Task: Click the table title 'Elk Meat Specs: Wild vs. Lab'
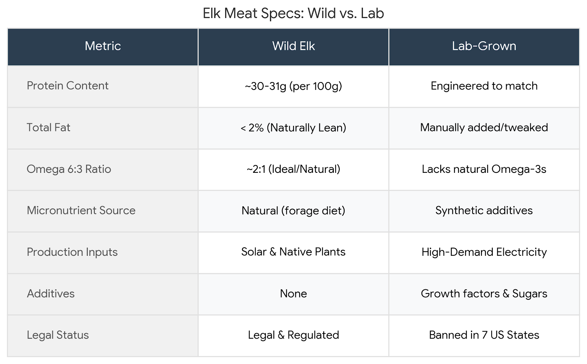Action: pyautogui.click(x=293, y=14)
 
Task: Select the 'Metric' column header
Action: pyautogui.click(x=103, y=46)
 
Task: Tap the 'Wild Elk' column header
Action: pyautogui.click(x=293, y=46)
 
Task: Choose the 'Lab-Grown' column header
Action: pyautogui.click(x=484, y=46)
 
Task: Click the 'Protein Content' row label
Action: pyautogui.click(x=68, y=86)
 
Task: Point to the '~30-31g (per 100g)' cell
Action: pyautogui.click(x=293, y=86)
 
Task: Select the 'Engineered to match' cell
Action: pyautogui.click(x=484, y=86)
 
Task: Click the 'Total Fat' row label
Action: pyautogui.click(x=48, y=127)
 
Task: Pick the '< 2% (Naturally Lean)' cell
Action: pyautogui.click(x=293, y=128)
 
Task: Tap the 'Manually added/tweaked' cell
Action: pyautogui.click(x=484, y=127)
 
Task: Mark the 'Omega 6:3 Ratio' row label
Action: pyautogui.click(x=69, y=169)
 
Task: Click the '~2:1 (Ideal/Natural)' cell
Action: pyautogui.click(x=293, y=169)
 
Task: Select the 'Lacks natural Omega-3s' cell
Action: pyautogui.click(x=484, y=169)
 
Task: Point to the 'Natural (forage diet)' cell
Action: pyautogui.click(x=293, y=211)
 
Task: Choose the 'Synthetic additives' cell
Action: pyautogui.click(x=484, y=211)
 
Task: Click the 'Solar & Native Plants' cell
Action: pyautogui.click(x=293, y=252)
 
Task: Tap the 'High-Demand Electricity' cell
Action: pyautogui.click(x=484, y=252)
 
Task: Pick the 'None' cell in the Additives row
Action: pyautogui.click(x=293, y=294)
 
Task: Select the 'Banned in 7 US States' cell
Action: pyautogui.click(x=484, y=335)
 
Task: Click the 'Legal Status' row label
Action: pyautogui.click(x=58, y=335)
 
